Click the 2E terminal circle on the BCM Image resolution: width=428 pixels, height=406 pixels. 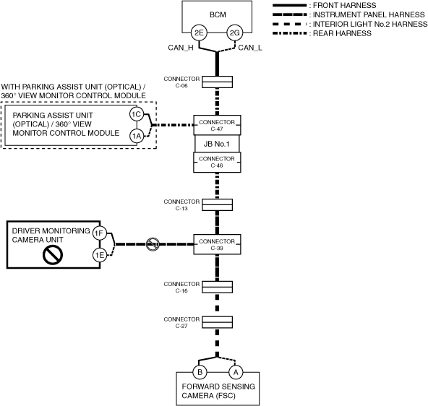click(199, 33)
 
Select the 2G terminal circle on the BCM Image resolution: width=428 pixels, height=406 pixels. click(235, 33)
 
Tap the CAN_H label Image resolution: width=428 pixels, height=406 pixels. click(181, 48)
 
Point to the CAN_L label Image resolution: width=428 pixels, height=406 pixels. click(250, 48)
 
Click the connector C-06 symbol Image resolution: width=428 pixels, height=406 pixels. click(218, 82)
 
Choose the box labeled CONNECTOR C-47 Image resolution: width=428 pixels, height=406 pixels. click(218, 125)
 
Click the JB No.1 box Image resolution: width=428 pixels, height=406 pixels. click(217, 144)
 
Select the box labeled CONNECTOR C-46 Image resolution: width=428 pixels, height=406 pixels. click(217, 163)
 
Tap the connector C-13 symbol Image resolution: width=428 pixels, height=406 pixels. click(218, 204)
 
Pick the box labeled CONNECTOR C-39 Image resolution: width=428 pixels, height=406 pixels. click(218, 244)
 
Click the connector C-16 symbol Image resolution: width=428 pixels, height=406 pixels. click(218, 287)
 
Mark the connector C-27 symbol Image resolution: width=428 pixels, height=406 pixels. click(218, 322)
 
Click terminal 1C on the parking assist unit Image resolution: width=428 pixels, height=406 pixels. click(137, 114)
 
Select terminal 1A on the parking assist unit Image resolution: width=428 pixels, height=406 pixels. click(137, 136)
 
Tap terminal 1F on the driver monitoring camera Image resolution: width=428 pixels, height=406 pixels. click(99, 233)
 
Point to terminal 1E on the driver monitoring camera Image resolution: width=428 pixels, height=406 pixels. click(99, 255)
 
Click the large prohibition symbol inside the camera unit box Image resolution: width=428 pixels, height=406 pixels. click(53, 255)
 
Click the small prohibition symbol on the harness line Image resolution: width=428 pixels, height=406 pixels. click(153, 244)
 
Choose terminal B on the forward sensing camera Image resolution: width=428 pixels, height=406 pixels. click(200, 372)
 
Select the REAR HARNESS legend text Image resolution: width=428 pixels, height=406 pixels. click(342, 33)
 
